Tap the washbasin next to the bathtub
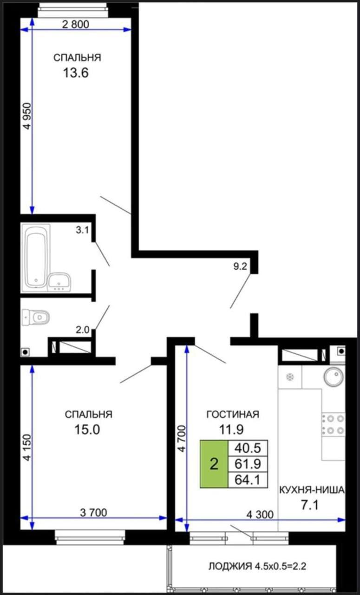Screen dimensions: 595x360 [x=59, y=282]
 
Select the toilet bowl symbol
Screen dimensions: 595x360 [x=38, y=317]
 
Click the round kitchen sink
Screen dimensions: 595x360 [x=333, y=377]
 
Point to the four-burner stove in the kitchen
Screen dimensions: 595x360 [x=334, y=424]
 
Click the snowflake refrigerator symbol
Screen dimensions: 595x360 [x=290, y=377]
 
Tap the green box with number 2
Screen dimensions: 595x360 [x=214, y=463]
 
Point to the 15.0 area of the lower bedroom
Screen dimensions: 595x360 [x=87, y=430]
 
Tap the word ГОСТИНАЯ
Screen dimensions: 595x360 [x=232, y=414]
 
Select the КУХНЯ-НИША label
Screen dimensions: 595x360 [x=312, y=489]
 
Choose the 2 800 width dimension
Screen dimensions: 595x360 [x=75, y=25]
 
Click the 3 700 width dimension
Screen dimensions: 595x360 [x=93, y=513]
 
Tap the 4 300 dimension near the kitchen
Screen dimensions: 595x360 [x=260, y=515]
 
